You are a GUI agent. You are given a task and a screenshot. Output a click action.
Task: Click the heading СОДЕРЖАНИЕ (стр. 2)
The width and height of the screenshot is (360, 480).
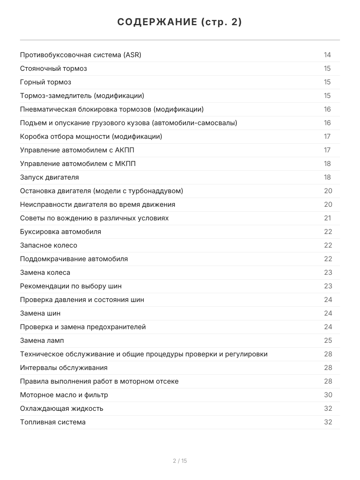(180, 22)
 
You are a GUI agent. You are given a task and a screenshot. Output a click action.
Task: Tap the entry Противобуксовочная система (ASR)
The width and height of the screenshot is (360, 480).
(80, 55)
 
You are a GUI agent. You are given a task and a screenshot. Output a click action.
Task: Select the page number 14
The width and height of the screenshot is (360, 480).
(327, 55)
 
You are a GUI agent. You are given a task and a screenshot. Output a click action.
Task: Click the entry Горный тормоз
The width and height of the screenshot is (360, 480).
(46, 82)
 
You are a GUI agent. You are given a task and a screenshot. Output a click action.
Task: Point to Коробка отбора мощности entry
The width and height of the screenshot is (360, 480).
(91, 136)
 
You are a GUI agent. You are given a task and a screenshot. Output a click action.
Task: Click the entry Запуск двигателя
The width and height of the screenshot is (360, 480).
(50, 177)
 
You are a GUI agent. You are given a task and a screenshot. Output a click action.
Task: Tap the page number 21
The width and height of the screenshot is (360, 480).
(327, 218)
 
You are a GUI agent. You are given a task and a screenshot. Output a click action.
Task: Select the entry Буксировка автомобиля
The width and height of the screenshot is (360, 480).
(60, 232)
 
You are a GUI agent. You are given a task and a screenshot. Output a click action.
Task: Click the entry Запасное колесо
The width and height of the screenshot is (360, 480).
(48, 245)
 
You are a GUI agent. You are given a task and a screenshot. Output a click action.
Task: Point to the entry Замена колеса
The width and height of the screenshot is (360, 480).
(45, 272)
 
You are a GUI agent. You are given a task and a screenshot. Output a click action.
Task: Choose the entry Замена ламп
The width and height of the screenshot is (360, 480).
(42, 340)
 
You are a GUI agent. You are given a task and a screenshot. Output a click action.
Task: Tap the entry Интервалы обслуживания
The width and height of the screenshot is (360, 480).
(64, 368)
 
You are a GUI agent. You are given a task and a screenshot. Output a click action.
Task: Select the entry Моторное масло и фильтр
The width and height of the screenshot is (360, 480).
(64, 395)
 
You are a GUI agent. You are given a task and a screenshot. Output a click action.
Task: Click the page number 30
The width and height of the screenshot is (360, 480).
(328, 395)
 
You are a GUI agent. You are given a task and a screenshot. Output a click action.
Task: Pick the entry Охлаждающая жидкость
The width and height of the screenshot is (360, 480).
(62, 408)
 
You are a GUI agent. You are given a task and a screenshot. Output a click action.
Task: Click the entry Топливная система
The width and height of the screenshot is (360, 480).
(53, 422)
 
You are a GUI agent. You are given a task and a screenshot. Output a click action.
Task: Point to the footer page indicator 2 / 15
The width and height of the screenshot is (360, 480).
(180, 461)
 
